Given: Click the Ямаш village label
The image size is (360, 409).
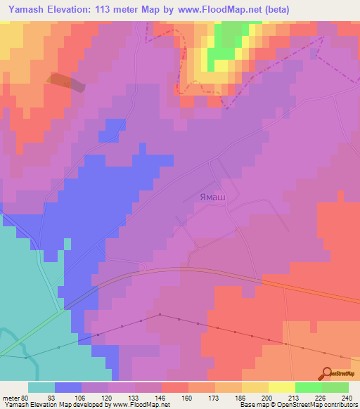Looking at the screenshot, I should pos(211,199).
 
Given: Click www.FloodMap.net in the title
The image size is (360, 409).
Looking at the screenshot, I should pos(220,10).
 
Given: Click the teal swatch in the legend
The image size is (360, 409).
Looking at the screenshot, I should pos(41,387).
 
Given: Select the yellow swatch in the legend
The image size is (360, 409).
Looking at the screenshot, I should pos(281,387).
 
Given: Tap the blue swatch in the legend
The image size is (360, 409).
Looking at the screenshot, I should pos(68,387).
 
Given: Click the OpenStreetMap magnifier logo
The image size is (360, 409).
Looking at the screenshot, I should pos(328,375).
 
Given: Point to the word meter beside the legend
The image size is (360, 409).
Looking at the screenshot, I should pos(10,397).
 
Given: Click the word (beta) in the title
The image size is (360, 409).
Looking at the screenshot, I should pos(276,10).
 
